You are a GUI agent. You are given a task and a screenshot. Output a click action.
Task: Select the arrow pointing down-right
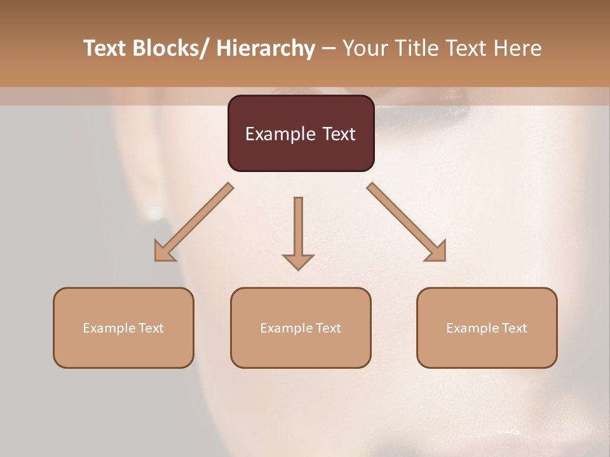[x=407, y=222]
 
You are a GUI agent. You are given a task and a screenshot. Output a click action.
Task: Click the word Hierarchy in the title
[x=266, y=48]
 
